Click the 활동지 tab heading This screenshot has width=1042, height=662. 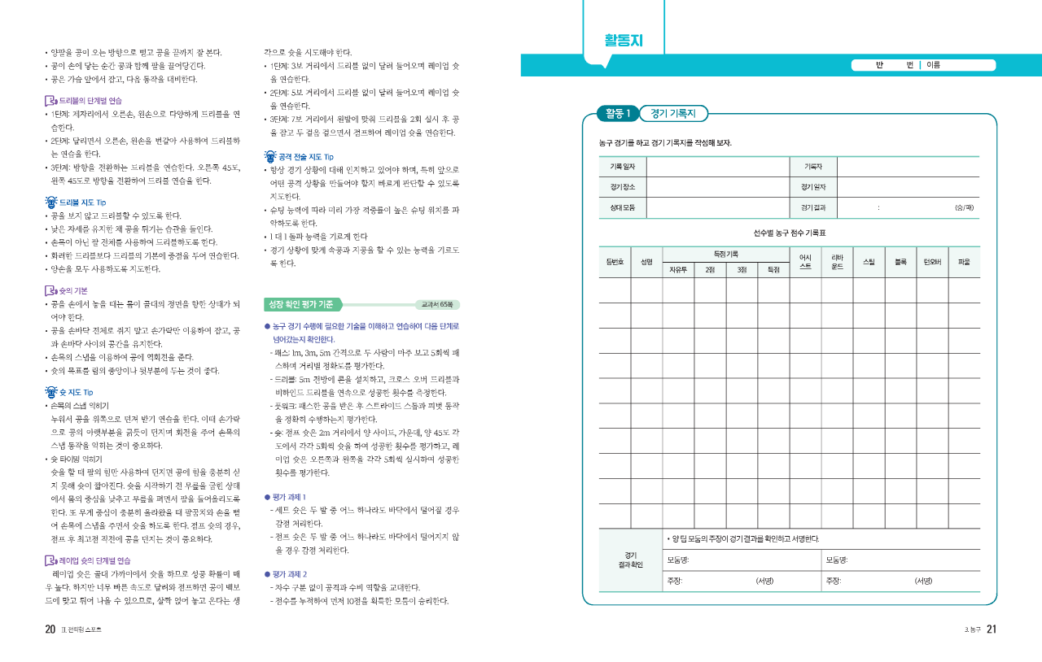coord(623,41)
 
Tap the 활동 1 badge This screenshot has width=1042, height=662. coord(617,113)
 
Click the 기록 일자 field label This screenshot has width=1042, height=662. coord(622,166)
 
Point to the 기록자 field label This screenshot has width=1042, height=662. coord(813,166)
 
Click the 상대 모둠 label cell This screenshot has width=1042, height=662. coord(622,207)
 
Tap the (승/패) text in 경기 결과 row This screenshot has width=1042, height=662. coord(964,207)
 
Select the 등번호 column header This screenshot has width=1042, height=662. coord(615,262)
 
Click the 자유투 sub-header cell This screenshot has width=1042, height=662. coord(678,269)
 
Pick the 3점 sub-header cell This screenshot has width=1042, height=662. coord(742,269)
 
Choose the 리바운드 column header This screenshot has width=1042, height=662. coord(837,262)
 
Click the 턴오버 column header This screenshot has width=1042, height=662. coord(932,262)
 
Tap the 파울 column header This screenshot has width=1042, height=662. coord(964,262)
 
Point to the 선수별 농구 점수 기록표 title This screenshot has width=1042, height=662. coord(790,233)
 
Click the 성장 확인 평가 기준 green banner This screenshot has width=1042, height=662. coord(300,305)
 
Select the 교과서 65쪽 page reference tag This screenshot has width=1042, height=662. coord(437,305)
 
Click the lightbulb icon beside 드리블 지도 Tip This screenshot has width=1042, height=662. coord(50,202)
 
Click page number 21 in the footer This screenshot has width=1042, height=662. coord(991,629)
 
